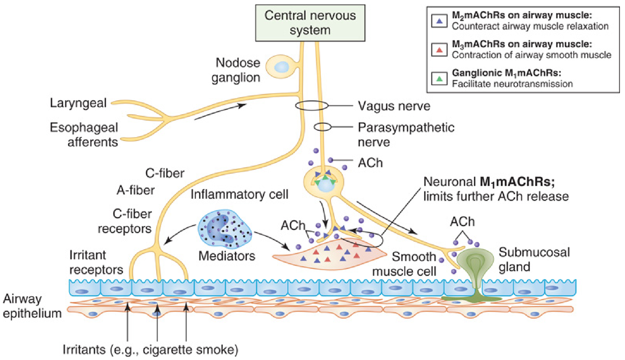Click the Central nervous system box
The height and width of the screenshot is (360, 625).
click(310, 23)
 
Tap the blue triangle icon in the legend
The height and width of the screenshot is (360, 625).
click(439, 21)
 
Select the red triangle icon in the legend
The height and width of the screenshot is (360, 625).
click(439, 50)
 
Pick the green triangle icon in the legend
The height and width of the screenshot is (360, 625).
click(439, 79)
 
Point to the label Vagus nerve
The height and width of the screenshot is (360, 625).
click(394, 106)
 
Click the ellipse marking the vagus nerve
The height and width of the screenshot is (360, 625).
click(312, 105)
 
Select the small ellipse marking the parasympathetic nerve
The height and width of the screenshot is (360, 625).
click(322, 127)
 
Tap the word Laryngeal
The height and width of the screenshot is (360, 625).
click(78, 103)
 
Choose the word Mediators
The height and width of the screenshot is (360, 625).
click(226, 256)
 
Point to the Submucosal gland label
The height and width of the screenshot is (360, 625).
click(534, 259)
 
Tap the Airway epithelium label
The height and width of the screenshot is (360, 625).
click(32, 306)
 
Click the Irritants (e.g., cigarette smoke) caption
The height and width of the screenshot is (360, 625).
click(150, 350)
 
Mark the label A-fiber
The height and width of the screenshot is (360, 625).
click(136, 190)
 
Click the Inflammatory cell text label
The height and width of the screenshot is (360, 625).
click(239, 194)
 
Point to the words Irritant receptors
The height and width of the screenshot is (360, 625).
click(96, 262)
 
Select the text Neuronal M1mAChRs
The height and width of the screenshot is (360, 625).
click(489, 182)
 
